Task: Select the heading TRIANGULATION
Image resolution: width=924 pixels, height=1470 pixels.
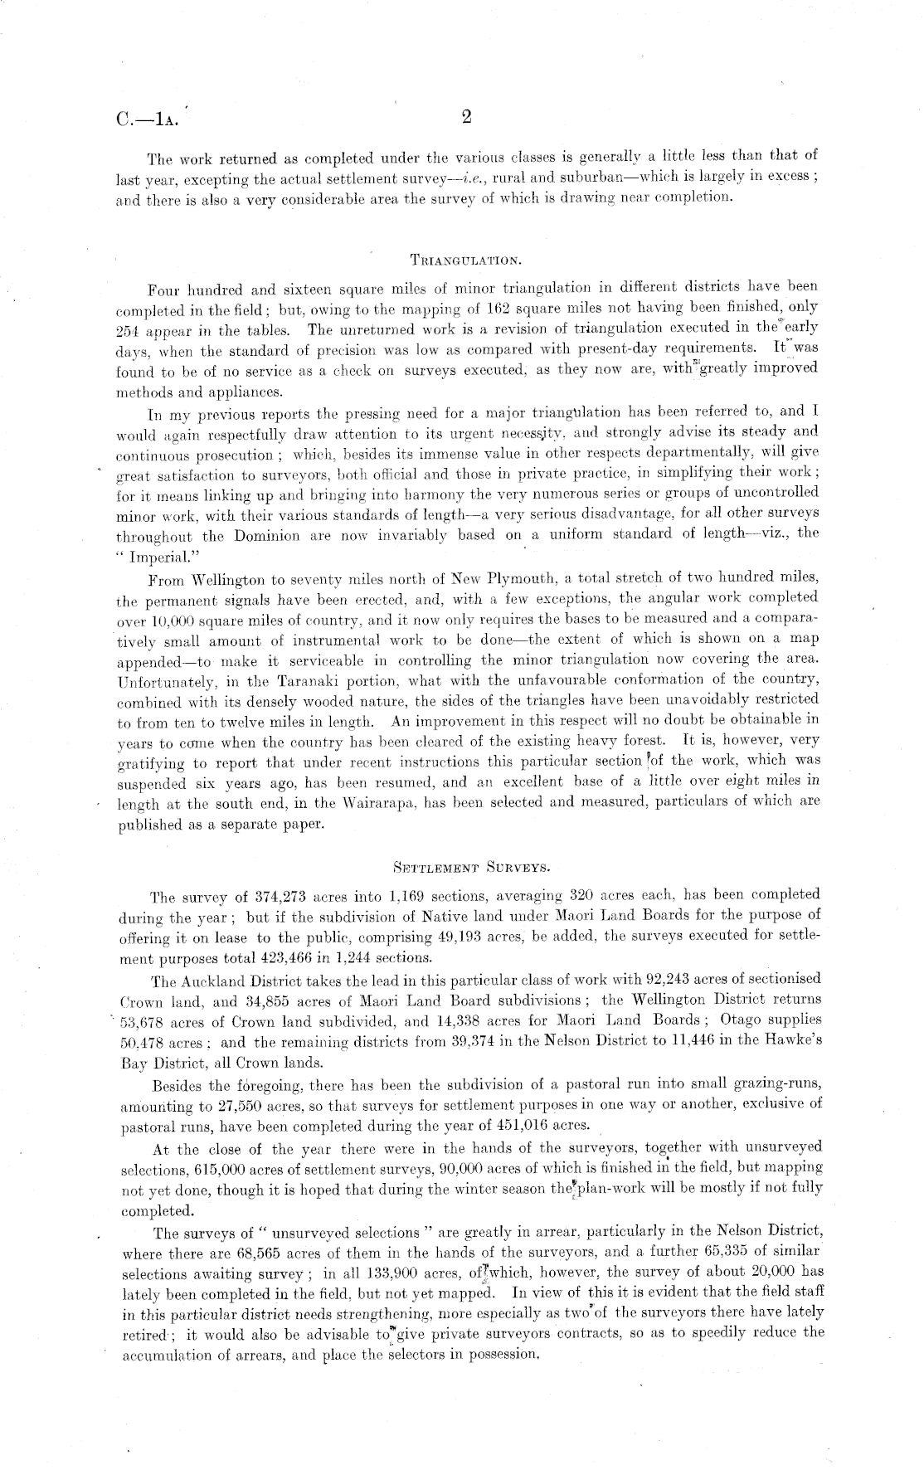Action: (x=466, y=260)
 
